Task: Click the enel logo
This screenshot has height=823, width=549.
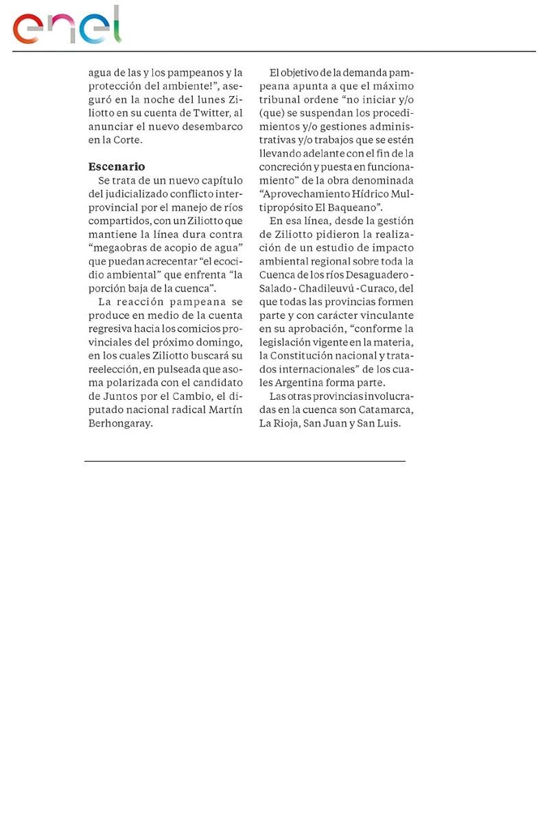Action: pyautogui.click(x=67, y=26)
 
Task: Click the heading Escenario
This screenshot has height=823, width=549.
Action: pyautogui.click(x=117, y=167)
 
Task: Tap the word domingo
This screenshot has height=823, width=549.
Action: pyautogui.click(x=220, y=342)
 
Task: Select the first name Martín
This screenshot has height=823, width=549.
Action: pyautogui.click(x=227, y=410)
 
